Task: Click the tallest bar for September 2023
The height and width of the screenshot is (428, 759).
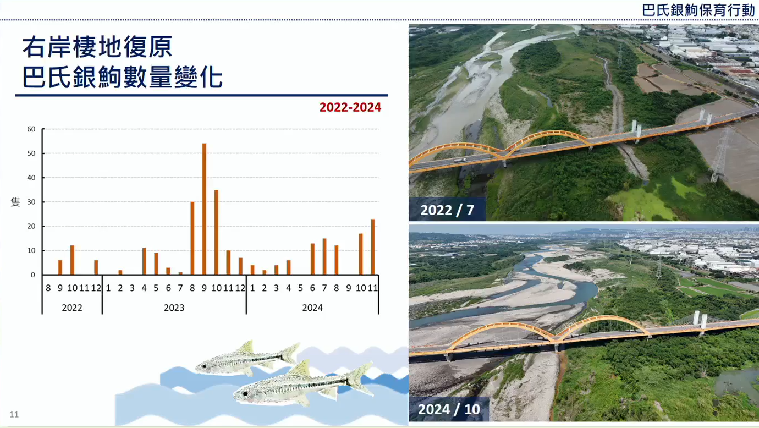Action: click(204, 209)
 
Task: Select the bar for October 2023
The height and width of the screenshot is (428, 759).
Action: click(217, 232)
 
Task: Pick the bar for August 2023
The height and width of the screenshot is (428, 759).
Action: click(193, 238)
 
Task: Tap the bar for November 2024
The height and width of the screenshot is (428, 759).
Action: click(373, 246)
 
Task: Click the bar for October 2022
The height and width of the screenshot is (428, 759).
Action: click(72, 260)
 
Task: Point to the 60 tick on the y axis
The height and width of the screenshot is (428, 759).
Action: click(31, 129)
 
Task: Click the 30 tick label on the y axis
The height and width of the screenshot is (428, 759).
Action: click(31, 202)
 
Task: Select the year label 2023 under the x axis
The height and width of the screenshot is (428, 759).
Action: click(174, 308)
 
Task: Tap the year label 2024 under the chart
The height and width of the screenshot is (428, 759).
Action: click(312, 308)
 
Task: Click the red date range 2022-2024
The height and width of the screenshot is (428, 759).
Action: click(350, 107)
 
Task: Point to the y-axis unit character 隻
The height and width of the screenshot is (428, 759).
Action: click(15, 202)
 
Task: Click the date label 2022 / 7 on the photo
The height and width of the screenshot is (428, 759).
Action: click(447, 210)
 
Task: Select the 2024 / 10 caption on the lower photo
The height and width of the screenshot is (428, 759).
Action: click(449, 409)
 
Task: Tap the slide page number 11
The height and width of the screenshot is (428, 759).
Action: click(14, 414)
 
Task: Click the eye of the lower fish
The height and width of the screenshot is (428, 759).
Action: click(245, 394)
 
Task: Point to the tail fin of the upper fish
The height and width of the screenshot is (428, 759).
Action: click(290, 353)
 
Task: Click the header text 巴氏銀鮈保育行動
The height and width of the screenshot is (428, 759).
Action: click(698, 10)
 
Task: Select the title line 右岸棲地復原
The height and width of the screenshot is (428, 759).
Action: click(97, 47)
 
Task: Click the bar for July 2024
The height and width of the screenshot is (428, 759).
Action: click(324, 256)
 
